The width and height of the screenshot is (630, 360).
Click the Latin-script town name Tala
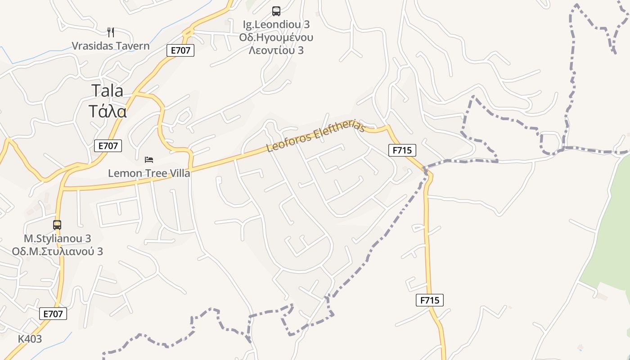click(x=107, y=90)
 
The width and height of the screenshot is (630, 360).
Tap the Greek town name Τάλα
click(x=107, y=111)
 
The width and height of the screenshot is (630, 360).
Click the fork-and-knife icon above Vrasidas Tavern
click(x=111, y=32)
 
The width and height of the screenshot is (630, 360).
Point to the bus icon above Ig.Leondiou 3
click(x=276, y=11)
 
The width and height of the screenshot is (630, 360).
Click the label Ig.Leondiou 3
click(x=276, y=24)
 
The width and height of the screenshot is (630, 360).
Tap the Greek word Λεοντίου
click(x=276, y=50)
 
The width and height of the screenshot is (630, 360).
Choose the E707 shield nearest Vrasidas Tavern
click(x=180, y=50)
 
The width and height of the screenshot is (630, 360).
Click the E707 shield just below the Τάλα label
click(x=108, y=146)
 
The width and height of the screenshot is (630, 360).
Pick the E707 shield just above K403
click(x=54, y=314)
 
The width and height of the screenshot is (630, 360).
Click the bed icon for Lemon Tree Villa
click(x=149, y=159)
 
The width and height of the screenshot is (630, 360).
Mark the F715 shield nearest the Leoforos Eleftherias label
click(x=402, y=150)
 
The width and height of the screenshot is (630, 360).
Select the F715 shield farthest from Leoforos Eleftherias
click(x=430, y=300)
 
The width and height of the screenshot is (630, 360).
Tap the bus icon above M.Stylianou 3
click(x=57, y=225)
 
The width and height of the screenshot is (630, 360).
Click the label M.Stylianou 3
click(x=57, y=238)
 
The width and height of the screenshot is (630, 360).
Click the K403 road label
click(x=30, y=339)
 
